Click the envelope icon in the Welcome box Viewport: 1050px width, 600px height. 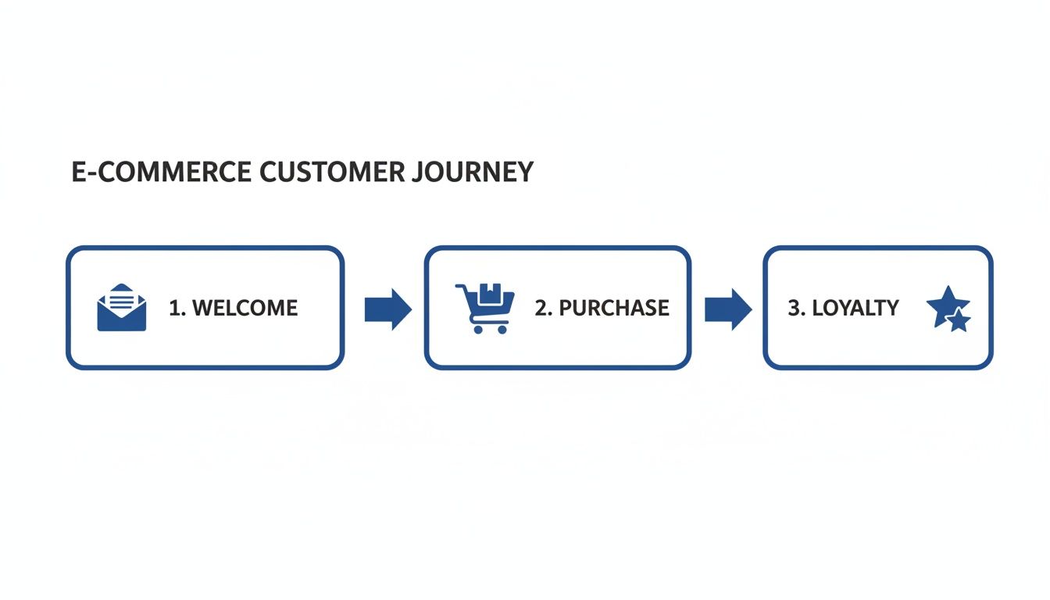tap(121, 309)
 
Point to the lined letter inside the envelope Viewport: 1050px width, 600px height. tap(121, 298)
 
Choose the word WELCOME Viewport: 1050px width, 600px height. tap(245, 308)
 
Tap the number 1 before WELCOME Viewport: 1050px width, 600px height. tap(174, 308)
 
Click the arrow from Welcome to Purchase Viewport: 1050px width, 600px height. tap(387, 309)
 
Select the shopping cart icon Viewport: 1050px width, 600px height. tap(485, 308)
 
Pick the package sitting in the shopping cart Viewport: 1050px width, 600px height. tap(491, 292)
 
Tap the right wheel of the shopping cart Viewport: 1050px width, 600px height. tap(502, 330)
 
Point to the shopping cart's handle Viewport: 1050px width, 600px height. tap(461, 287)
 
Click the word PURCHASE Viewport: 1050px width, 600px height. tap(614, 308)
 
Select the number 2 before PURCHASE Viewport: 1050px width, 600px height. tap(541, 308)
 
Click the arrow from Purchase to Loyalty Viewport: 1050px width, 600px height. tap(727, 309)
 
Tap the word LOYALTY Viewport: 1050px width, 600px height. tap(855, 308)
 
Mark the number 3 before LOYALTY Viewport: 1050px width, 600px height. tap(794, 308)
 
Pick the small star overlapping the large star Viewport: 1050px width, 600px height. tap(959, 320)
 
